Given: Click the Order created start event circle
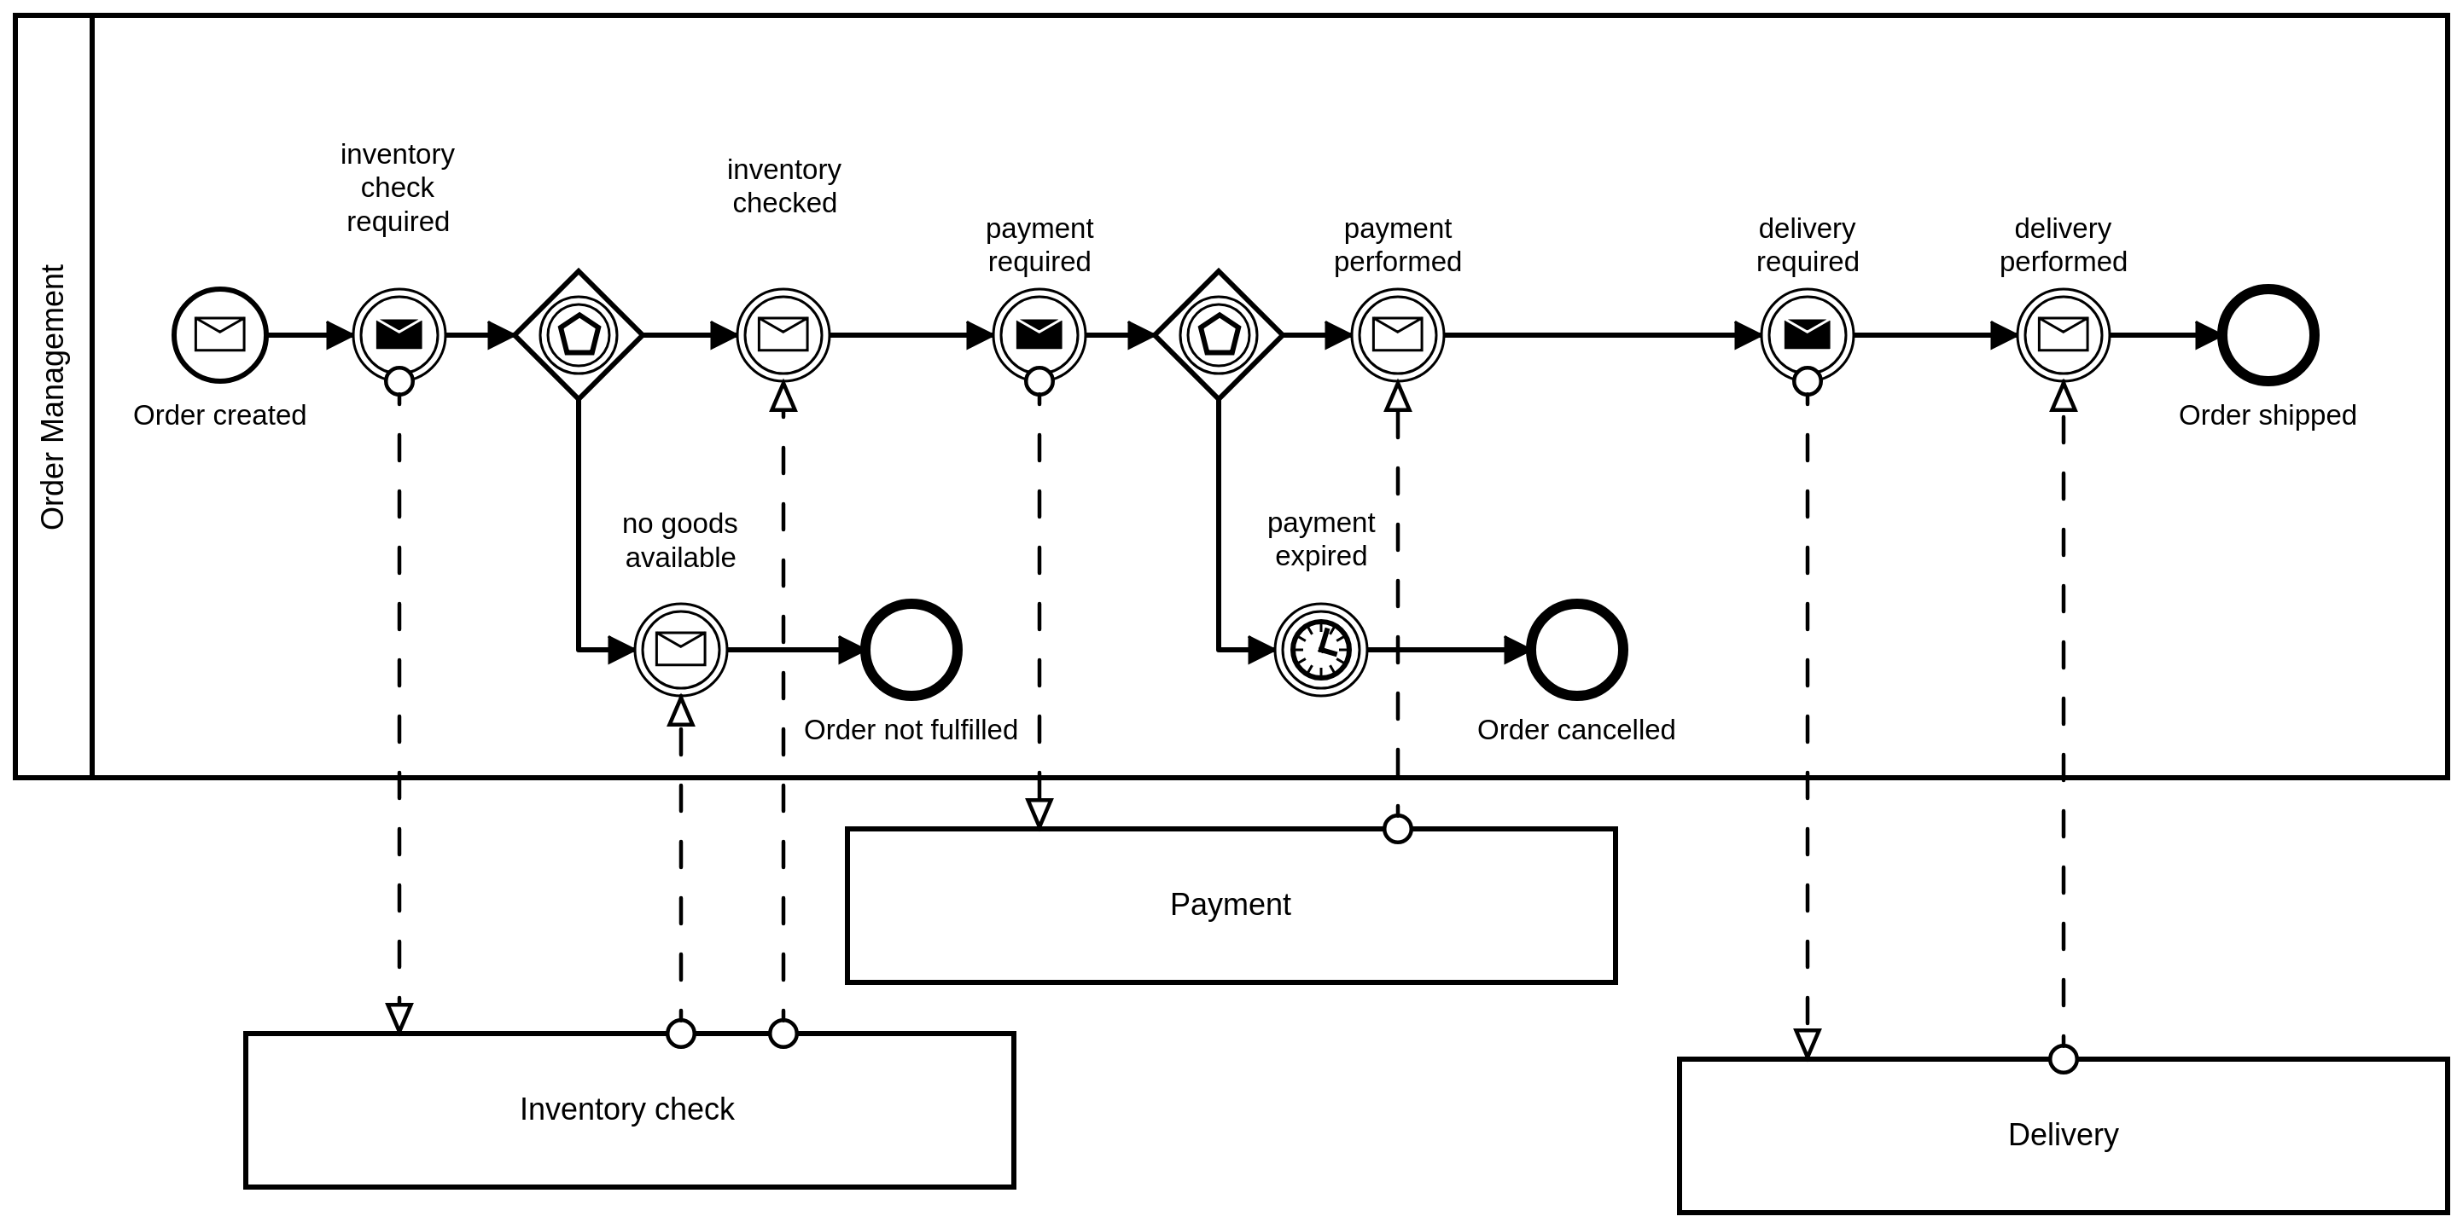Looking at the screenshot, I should point(220,334).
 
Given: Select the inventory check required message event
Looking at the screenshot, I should point(399,334).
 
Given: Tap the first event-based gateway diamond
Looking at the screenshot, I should point(579,334).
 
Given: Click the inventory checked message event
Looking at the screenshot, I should point(783,334).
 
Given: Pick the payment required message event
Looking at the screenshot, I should point(1039,334).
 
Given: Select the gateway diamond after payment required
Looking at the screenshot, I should point(1218,334).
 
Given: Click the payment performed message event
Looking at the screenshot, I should point(1397,334).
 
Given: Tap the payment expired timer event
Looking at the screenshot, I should point(1320,650).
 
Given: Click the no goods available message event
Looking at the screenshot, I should point(681,650).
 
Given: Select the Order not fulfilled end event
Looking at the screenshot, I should point(911,650).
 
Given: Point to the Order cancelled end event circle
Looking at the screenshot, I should point(1576,650).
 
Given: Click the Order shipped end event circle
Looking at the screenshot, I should point(2267,335).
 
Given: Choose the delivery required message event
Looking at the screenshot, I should point(1806,334).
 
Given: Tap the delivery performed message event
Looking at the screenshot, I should point(2063,334).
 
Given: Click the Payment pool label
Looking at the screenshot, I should point(1230,904).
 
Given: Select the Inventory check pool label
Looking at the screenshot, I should point(626,1109).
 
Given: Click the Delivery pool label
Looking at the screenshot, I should point(2063,1134).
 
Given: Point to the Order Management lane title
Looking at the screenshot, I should point(53,397).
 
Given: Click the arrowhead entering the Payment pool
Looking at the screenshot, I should point(1039,814).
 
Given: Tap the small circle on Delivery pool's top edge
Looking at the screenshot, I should point(2063,1059).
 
